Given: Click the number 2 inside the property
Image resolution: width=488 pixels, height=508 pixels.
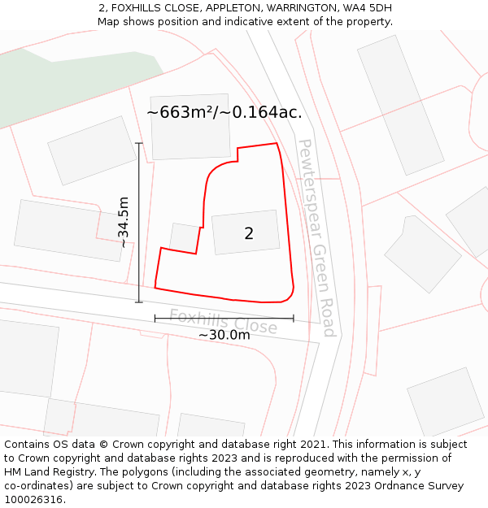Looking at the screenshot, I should coord(249,234).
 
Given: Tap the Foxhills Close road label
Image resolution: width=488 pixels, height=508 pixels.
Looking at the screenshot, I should coord(223,321).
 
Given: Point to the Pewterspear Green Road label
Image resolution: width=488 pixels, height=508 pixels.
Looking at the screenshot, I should coord(316,237).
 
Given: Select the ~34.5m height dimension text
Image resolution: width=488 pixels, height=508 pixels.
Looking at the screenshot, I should coord(123,222).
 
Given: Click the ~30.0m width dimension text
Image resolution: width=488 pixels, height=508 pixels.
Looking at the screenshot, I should coord(224,335).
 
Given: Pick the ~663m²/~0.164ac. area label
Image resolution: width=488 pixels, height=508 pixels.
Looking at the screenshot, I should coord(224,113).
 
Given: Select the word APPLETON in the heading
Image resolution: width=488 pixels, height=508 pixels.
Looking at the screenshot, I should coord(197,8).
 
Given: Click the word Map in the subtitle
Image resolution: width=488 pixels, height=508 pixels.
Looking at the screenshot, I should coord(109,22).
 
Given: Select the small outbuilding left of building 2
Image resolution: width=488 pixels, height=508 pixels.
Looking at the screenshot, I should coord(185,237).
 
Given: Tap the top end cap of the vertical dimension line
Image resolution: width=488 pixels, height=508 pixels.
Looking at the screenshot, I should coord(139,144).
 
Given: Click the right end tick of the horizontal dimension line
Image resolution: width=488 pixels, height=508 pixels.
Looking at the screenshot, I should coord(294,318).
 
